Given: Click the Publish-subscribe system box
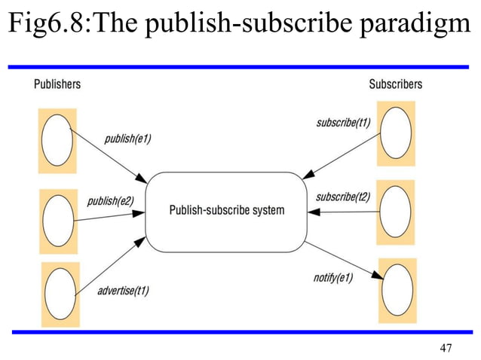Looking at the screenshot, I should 225,211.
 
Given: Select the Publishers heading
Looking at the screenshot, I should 57,84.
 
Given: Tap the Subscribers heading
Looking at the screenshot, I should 395,84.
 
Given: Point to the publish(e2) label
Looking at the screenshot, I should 110,201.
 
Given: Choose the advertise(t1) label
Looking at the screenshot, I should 123,290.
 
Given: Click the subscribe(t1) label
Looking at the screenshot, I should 343,122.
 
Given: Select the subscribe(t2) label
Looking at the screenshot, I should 343,197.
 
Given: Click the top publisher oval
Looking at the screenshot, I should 57,142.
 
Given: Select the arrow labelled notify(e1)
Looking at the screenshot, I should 343,260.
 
